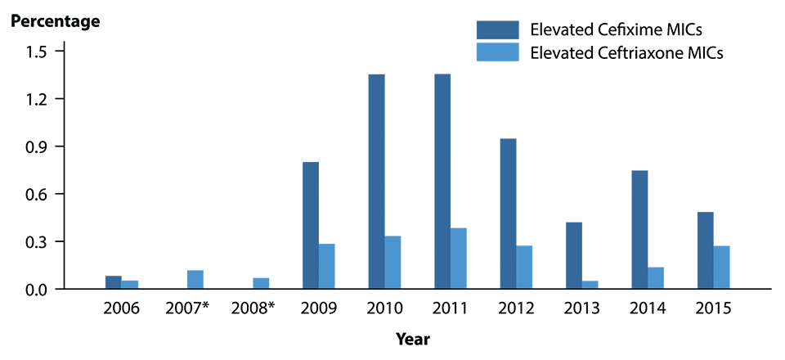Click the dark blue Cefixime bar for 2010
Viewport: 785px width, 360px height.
point(376,182)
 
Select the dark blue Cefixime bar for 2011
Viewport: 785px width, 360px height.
point(442,182)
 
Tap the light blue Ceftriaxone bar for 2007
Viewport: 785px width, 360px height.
point(195,280)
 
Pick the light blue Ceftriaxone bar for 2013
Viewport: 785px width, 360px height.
point(590,285)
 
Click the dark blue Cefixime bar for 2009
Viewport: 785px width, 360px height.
point(311,226)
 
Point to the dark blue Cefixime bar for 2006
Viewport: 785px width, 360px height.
point(114,282)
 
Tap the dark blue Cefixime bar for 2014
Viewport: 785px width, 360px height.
point(639,230)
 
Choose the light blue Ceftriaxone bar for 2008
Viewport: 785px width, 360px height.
point(261,283)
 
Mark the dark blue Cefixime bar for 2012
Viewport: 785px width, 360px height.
point(508,214)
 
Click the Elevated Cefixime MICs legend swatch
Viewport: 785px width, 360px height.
point(498,30)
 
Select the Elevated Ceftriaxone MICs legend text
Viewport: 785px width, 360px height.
point(627,53)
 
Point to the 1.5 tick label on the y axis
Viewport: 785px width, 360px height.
point(38,52)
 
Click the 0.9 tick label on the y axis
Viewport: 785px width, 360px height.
point(38,146)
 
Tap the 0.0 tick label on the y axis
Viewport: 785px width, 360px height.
point(38,290)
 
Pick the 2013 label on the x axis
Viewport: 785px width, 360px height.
point(583,310)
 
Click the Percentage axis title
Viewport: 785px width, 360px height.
point(55,21)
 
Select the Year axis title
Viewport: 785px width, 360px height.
point(413,339)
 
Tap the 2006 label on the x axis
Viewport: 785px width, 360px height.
point(123,310)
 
